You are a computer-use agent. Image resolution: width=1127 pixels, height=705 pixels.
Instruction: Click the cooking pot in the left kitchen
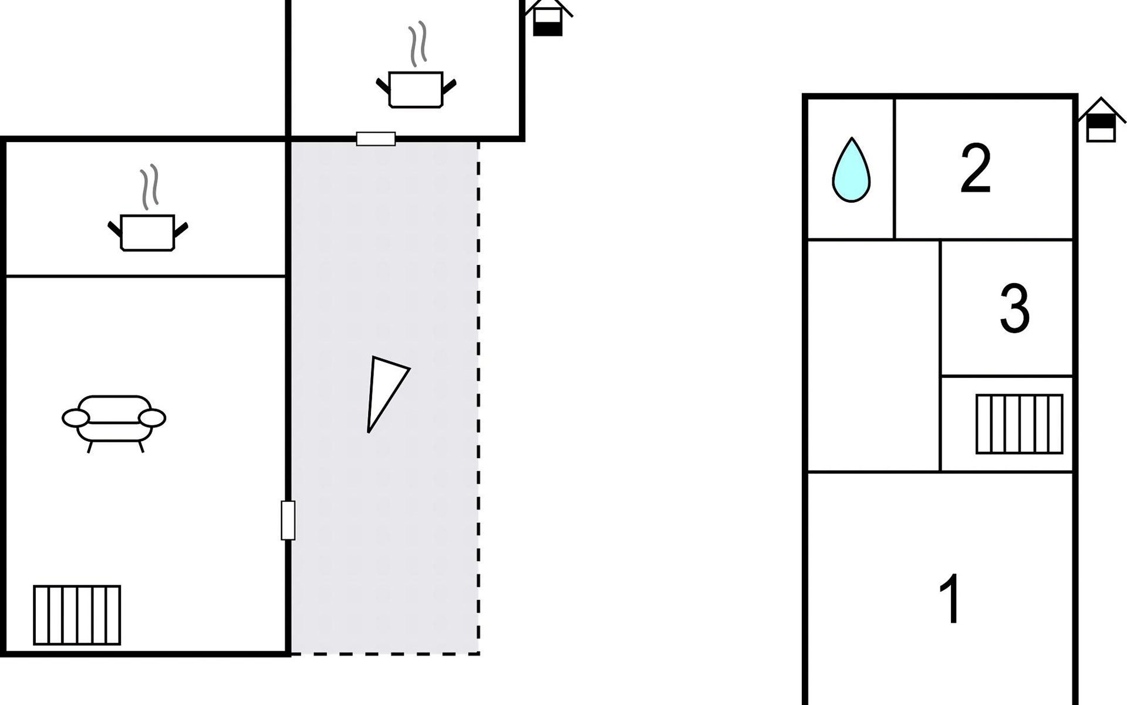[148, 233]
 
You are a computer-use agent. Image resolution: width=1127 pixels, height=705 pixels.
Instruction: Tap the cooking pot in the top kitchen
[416, 89]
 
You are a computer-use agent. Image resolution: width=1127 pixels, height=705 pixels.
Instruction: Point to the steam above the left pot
[149, 186]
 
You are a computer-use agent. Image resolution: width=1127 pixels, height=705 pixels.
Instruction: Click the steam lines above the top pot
[417, 44]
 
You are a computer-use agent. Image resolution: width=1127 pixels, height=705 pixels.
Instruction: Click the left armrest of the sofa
[76, 418]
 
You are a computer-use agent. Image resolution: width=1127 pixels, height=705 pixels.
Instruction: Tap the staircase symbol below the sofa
[77, 615]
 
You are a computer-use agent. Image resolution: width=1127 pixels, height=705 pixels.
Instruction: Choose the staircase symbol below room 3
[1020, 424]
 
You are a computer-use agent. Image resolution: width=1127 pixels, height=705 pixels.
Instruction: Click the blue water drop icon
[851, 170]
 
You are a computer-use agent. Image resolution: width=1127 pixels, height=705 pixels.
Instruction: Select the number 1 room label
[950, 599]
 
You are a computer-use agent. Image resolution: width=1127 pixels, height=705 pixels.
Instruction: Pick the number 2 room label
[976, 168]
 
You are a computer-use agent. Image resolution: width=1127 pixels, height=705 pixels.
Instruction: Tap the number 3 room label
[1015, 308]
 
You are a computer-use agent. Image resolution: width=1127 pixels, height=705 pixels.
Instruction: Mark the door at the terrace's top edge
[376, 139]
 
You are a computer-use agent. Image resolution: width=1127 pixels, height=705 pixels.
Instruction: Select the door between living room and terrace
[288, 520]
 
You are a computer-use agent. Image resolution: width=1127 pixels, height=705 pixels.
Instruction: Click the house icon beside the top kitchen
[548, 18]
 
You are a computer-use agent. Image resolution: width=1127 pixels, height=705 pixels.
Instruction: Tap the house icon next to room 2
[1101, 120]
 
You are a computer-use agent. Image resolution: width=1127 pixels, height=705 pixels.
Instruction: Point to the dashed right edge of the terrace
[479, 397]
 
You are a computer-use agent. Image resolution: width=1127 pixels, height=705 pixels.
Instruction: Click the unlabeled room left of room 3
[873, 355]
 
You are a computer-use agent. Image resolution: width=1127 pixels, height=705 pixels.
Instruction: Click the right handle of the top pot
[449, 86]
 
